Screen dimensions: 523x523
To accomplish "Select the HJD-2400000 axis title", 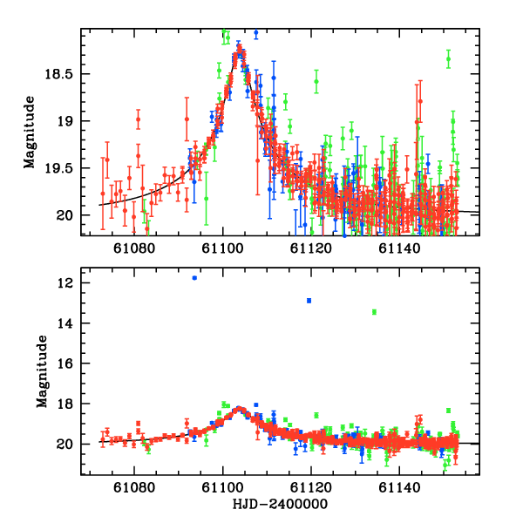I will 281,505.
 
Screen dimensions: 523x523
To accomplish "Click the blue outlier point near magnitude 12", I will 194,278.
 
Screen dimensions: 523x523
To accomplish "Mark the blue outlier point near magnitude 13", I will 309,301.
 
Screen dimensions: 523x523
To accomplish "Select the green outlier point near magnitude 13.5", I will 374,312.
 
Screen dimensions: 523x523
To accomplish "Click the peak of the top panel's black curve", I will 238,54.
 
